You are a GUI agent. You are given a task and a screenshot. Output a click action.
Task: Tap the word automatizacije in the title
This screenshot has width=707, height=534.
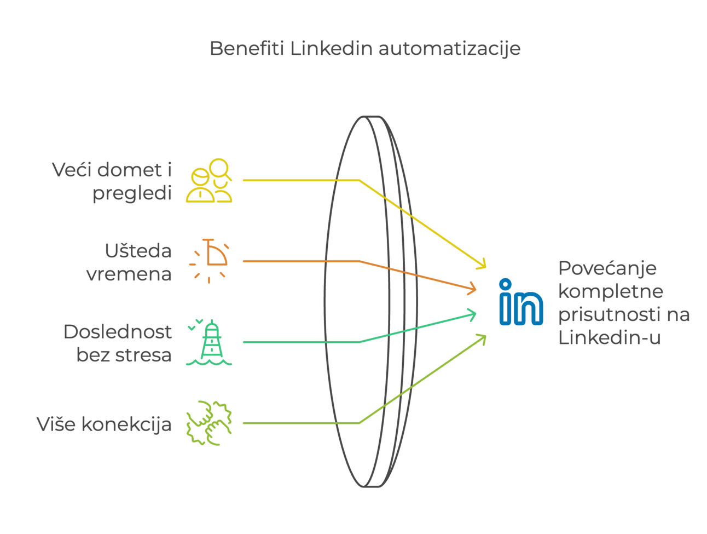click(449, 49)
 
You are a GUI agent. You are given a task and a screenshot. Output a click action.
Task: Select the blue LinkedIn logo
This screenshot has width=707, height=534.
click(521, 302)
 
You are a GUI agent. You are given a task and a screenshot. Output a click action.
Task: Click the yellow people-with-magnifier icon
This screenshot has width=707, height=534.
click(209, 181)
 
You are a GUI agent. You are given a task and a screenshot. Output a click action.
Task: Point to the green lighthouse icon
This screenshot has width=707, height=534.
click(210, 342)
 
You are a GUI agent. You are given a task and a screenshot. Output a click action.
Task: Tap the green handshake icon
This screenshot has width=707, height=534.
click(209, 423)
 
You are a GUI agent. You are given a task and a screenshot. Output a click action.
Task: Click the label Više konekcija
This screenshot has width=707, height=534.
click(104, 424)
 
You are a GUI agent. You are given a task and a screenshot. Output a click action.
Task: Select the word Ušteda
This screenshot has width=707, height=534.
click(138, 251)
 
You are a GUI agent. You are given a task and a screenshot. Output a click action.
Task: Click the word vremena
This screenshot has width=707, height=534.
click(129, 274)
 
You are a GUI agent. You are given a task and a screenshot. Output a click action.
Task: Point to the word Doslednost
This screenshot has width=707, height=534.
click(117, 332)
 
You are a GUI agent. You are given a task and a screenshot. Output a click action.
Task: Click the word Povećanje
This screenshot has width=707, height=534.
click(607, 268)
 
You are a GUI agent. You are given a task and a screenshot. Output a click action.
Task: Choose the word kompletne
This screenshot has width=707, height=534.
click(610, 291)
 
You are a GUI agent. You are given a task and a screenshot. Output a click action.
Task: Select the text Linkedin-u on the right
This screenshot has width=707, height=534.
click(609, 337)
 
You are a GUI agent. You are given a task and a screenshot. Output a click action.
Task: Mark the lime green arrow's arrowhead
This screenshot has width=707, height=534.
click(482, 337)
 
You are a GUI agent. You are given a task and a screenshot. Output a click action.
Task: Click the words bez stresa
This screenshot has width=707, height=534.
click(124, 355)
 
